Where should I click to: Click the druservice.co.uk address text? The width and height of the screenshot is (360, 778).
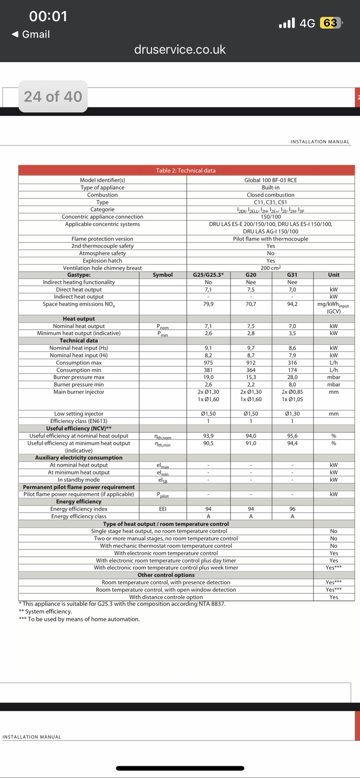180,50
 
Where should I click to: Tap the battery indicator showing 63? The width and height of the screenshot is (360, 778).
330,23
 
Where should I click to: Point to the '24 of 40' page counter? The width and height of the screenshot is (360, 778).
53,97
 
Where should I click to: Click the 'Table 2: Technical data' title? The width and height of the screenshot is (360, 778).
186,171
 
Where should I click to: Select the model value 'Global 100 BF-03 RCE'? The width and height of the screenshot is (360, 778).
270,180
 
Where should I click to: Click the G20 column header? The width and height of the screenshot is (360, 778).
251,275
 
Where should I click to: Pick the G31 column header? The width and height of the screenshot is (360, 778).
292,275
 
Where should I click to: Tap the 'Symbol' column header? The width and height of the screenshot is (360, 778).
162,275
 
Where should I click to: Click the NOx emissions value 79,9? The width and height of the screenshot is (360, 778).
208,304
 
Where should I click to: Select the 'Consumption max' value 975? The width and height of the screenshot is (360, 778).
208,363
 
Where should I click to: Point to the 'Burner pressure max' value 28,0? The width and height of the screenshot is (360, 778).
292,377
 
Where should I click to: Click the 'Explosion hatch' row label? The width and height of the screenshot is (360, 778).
102,261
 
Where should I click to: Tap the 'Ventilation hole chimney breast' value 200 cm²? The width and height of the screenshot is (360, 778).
270,268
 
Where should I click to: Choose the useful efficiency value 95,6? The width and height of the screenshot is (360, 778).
292,436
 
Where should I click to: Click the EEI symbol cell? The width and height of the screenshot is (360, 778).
162,509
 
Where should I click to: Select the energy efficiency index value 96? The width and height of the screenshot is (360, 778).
292,509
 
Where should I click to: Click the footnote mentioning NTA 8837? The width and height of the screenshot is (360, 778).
124,604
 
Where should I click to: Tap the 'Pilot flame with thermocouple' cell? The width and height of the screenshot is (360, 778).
270,239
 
